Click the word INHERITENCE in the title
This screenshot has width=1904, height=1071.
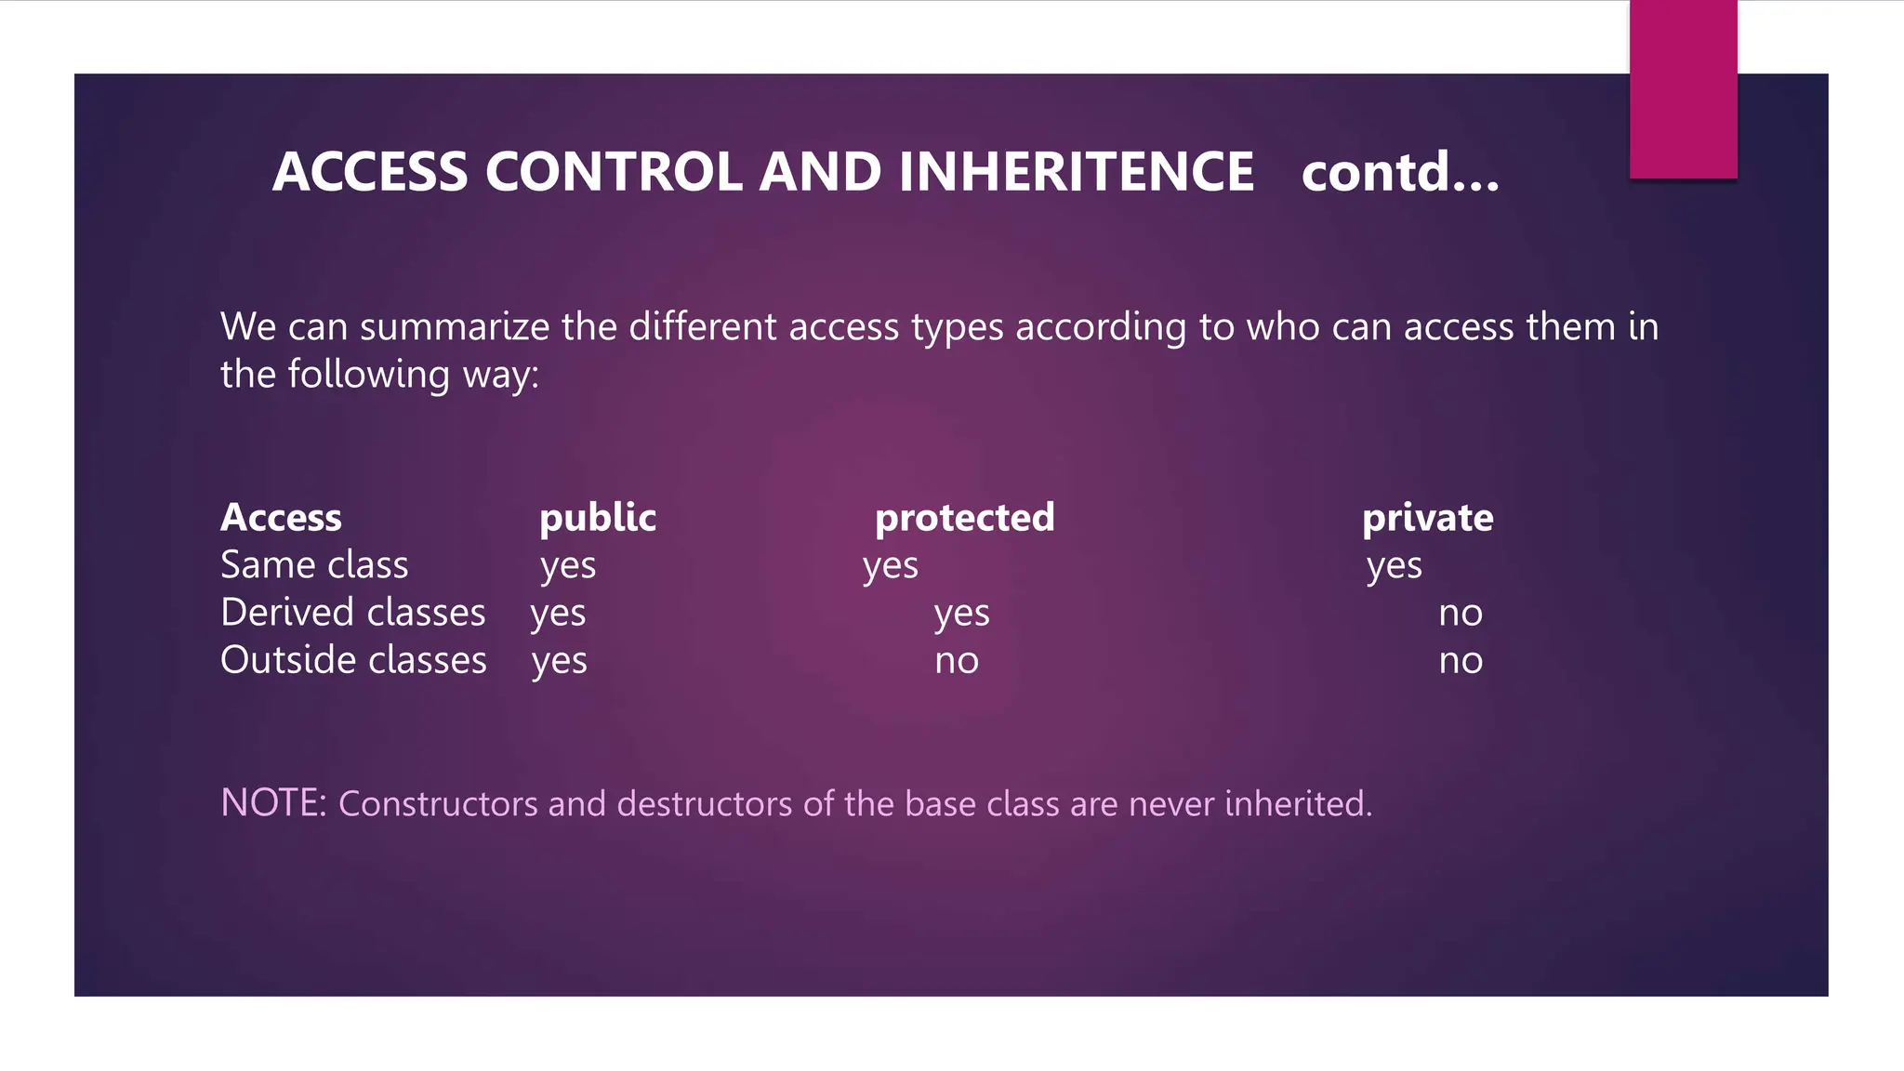coord(1076,172)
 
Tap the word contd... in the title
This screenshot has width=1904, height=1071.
coord(1399,172)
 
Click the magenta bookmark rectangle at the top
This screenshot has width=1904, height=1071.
coord(1683,89)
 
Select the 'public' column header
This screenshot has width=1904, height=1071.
coord(598,518)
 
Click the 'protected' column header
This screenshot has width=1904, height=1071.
coord(964,518)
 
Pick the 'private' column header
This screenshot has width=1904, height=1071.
coord(1427,518)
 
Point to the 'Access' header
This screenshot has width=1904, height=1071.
coord(281,518)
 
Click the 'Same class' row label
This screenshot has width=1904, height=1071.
coord(314,565)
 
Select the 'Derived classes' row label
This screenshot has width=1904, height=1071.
coord(352,613)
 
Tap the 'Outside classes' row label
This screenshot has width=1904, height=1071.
coord(353,660)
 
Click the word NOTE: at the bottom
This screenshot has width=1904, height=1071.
coord(273,802)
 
